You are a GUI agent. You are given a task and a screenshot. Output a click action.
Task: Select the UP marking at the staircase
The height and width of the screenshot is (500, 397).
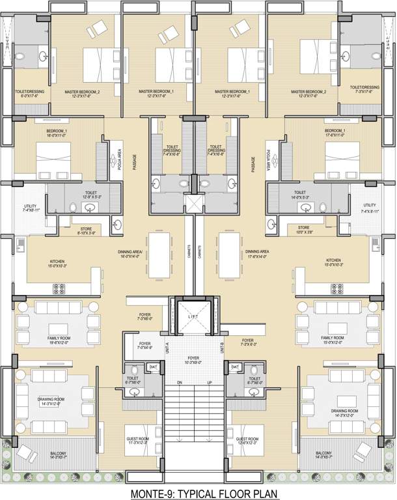click(209, 383)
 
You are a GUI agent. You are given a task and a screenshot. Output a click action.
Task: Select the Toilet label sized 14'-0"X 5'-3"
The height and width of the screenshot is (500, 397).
click(299, 195)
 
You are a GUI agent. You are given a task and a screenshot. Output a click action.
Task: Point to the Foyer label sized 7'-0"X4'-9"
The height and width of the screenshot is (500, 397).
click(143, 346)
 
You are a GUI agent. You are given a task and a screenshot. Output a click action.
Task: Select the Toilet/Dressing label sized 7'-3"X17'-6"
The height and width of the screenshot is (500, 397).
click(364, 89)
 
